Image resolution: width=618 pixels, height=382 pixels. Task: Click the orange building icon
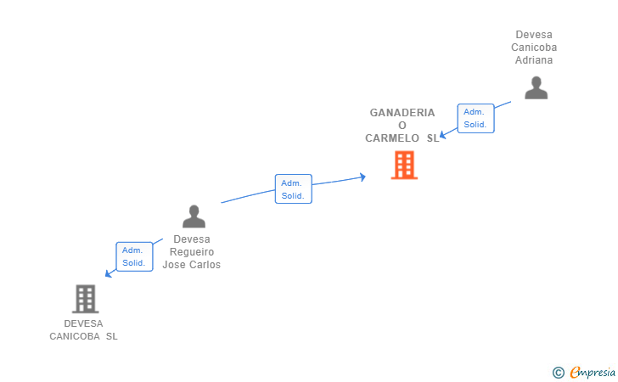point(404,165)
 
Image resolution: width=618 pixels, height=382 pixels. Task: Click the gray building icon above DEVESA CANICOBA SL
point(85,299)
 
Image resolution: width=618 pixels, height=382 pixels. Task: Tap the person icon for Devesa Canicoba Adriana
point(536,88)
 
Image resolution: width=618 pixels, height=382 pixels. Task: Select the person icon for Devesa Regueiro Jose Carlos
point(194,216)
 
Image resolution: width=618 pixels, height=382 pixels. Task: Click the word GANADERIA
point(402,113)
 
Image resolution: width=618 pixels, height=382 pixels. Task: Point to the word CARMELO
point(392,138)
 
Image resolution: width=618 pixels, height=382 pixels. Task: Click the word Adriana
point(534,60)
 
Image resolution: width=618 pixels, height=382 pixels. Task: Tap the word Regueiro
point(192,252)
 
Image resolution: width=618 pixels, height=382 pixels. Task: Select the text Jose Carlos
point(192,265)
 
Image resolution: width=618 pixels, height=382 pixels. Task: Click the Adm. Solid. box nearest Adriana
point(475,118)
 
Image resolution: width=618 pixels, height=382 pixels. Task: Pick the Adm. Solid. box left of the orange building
point(293,188)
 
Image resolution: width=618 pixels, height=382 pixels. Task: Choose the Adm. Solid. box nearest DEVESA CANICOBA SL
point(134,256)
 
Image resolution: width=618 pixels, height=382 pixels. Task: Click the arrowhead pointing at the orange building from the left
point(363,177)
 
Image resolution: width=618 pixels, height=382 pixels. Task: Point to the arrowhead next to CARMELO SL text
point(443,134)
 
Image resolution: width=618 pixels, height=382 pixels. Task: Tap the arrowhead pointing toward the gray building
point(109,273)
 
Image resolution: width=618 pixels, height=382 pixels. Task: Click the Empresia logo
point(592,372)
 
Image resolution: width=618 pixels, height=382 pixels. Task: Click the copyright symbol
point(558,373)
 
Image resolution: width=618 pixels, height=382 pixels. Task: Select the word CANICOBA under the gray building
point(75,336)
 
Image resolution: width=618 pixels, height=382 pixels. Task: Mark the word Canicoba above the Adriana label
point(534,48)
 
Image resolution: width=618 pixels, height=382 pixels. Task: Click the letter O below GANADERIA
point(402,126)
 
